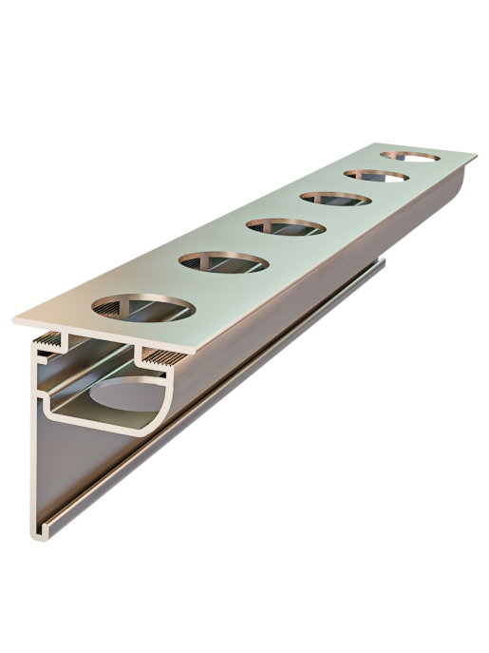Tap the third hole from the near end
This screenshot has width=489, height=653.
tap(285, 227)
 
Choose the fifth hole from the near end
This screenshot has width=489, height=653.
tap(377, 175)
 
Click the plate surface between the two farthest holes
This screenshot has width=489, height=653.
tap(394, 165)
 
